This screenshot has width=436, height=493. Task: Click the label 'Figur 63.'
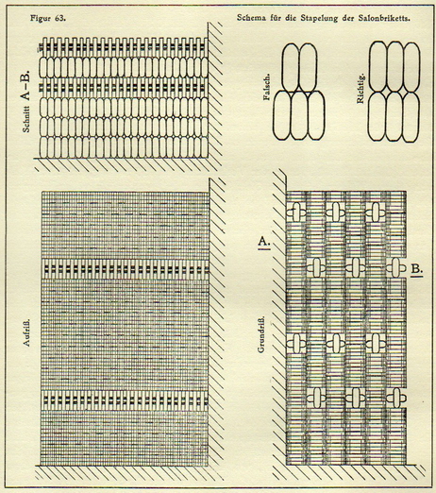[48, 18]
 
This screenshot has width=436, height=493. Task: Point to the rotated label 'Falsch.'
[267, 87]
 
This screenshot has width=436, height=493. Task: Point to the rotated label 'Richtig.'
[361, 89]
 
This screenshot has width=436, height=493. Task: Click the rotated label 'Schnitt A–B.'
[25, 101]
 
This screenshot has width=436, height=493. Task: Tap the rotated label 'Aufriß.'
[26, 332]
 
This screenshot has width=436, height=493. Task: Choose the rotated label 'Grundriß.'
[261, 334]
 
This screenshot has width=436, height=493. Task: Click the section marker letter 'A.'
[264, 242]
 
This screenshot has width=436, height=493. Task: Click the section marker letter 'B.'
[416, 270]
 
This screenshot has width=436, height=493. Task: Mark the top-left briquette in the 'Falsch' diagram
[291, 68]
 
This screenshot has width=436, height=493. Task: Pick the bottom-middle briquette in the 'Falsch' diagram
[299, 115]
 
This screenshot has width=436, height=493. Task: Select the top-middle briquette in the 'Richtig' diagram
[394, 67]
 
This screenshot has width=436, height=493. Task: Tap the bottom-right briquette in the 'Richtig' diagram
[411, 116]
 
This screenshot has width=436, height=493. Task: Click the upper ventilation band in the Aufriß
[126, 269]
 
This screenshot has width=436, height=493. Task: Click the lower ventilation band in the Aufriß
[126, 400]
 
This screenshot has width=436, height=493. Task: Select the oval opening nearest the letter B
[395, 267]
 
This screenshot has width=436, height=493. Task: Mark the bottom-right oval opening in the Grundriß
[395, 398]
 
